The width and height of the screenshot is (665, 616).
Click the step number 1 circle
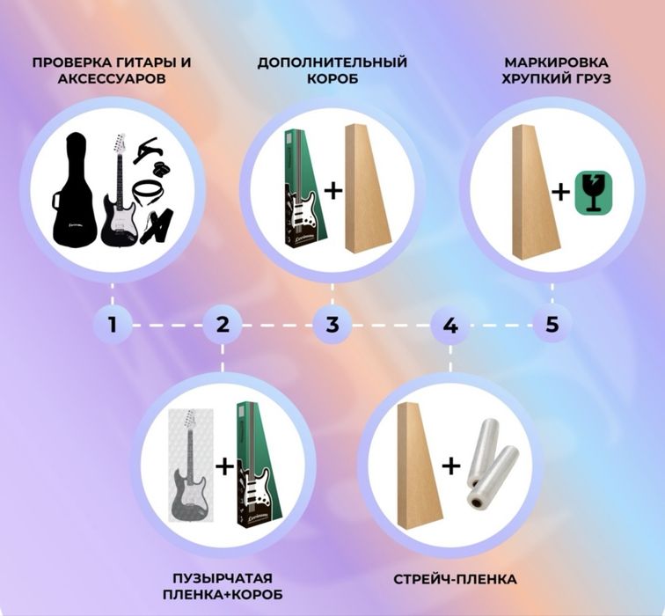(x=113, y=325)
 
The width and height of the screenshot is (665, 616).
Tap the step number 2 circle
(x=223, y=325)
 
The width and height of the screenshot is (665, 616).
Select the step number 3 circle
(x=332, y=325)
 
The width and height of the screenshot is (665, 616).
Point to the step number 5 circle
(x=552, y=325)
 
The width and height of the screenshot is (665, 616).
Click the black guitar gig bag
(x=74, y=189)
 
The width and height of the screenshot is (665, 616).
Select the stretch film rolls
(x=492, y=464)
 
